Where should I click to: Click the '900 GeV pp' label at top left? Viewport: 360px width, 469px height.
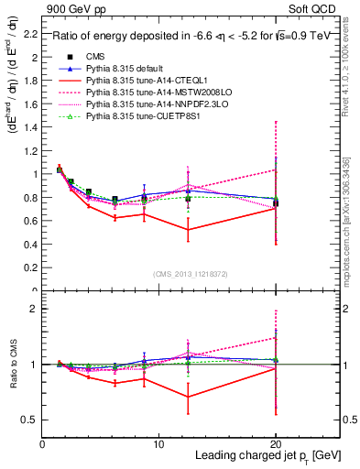(72, 7)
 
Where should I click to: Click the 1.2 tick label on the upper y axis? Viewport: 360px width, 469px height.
(30, 150)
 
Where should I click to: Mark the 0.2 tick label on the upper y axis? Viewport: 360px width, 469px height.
(30, 267)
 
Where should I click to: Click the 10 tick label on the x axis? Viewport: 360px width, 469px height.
(158, 445)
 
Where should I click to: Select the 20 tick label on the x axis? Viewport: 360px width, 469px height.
(276, 445)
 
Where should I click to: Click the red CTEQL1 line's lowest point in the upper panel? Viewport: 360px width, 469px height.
(188, 229)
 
